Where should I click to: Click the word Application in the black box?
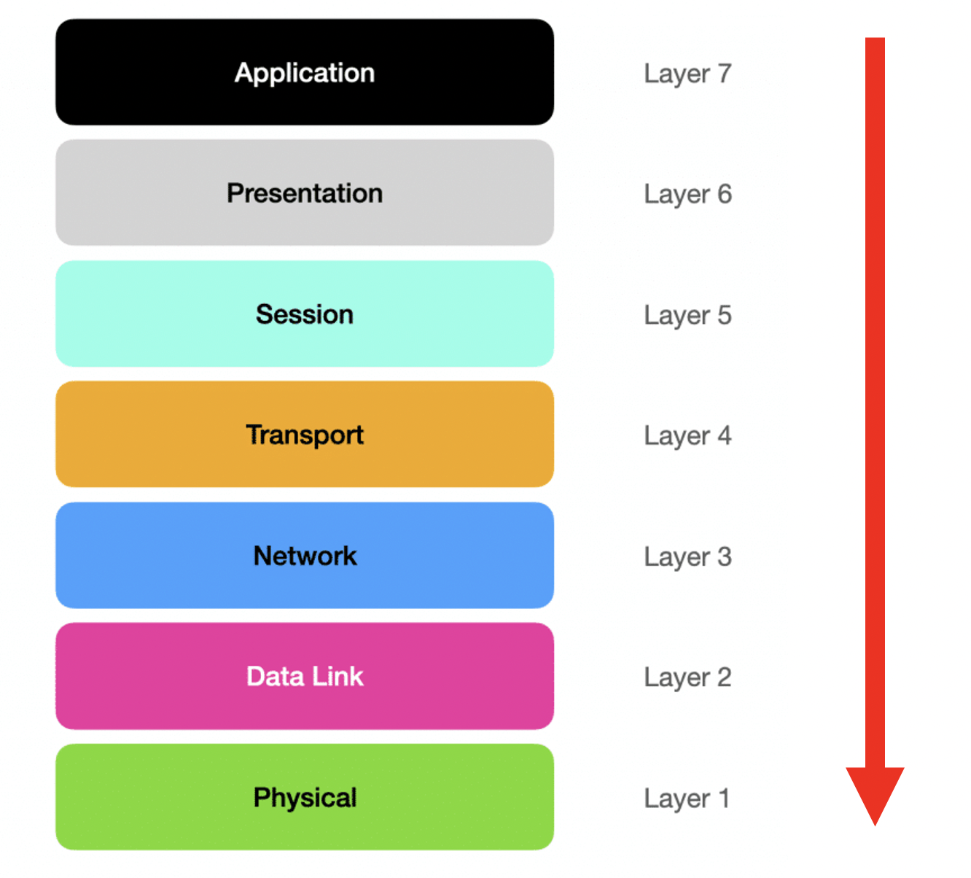pos(305,74)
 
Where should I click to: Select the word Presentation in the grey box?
pos(305,193)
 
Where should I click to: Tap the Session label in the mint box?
pos(305,314)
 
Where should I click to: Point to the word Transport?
pos(305,435)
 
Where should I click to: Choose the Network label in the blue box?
pos(305,556)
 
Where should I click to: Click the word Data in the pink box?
pos(275,676)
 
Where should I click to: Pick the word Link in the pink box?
pos(338,676)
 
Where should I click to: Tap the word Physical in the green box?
pos(305,798)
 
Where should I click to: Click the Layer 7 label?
pos(687,74)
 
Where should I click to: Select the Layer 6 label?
pos(687,195)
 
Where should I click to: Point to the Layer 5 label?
pos(687,316)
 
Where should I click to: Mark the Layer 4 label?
pos(687,436)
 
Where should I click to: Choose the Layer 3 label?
pos(687,557)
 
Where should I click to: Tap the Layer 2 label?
pos(687,677)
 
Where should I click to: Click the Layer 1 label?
pos(687,799)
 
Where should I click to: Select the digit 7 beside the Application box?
pos(724,73)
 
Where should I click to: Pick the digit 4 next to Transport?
pos(724,435)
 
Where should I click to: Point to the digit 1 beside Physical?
pos(724,798)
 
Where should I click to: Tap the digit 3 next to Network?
pos(724,556)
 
